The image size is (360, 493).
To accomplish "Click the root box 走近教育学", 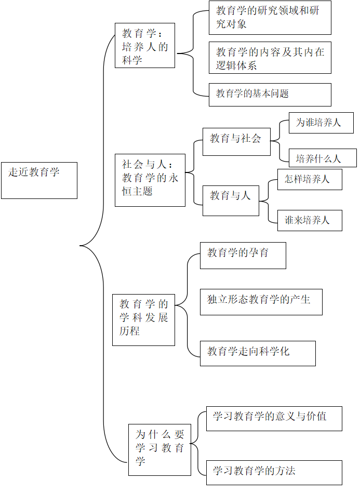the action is (x=39, y=180).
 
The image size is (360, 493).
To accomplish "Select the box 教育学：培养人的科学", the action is (x=145, y=45).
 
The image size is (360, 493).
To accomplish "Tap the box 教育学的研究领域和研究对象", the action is (x=270, y=18).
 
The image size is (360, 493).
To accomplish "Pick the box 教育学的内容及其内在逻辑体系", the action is (x=270, y=58).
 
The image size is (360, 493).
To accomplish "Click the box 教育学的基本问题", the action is (x=270, y=95).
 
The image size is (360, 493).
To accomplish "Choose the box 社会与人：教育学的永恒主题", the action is (x=150, y=180).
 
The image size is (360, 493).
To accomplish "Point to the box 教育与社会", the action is (x=236, y=142).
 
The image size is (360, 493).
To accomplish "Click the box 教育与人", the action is (x=231, y=201).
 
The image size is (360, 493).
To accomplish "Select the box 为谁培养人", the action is (x=321, y=123).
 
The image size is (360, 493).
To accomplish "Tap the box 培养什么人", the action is (x=323, y=158).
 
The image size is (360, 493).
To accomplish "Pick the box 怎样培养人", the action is (x=310, y=179).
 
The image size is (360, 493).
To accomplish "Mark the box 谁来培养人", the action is (x=310, y=220).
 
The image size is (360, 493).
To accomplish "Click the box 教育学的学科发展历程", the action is (x=144, y=320).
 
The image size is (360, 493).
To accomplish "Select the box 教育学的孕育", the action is (x=243, y=255).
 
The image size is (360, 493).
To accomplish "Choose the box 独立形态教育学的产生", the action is (x=261, y=302).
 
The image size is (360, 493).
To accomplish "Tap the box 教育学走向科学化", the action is (x=258, y=353).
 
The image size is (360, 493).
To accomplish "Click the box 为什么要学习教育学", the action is (x=159, y=449).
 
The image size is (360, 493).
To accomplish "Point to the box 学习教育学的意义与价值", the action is (x=274, y=419).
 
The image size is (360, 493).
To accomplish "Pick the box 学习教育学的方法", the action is (x=274, y=473).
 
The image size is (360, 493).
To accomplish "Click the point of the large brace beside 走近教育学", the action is (x=80, y=246).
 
